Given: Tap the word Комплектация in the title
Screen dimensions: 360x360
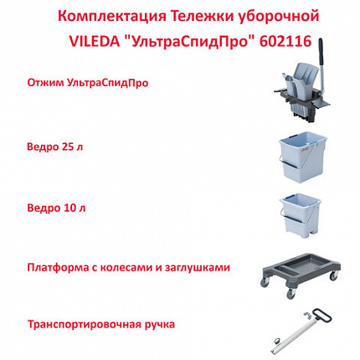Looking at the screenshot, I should click(x=105, y=14).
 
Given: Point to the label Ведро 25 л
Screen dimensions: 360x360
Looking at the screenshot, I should click(x=57, y=143).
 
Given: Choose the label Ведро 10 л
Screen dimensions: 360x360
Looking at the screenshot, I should click(x=57, y=203).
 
